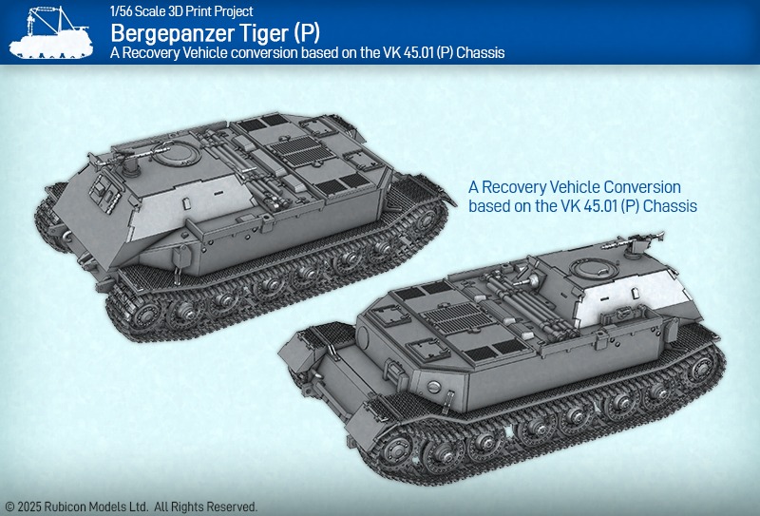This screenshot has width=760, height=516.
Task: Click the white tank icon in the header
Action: click(x=51, y=33)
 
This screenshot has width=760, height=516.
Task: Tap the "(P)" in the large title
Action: click(x=306, y=33)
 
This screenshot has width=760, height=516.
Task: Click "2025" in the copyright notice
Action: click(x=30, y=506)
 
